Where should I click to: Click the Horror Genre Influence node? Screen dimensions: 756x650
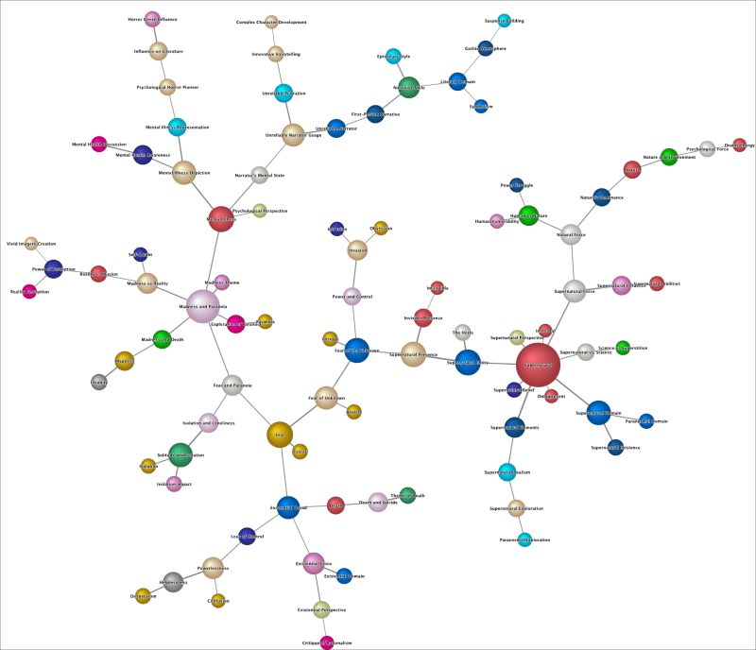(151, 19)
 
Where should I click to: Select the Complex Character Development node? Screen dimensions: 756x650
(273, 22)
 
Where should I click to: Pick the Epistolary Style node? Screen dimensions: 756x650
(393, 57)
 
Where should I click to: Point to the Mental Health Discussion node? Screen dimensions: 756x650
(98, 145)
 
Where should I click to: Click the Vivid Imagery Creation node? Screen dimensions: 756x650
(31, 244)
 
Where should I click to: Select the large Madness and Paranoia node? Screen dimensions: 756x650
(203, 306)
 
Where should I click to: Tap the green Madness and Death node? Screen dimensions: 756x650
(162, 339)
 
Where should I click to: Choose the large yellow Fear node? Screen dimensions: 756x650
(279, 435)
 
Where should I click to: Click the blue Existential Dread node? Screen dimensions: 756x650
(288, 507)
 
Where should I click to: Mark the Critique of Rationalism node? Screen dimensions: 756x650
(327, 643)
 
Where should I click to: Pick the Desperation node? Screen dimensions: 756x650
(143, 596)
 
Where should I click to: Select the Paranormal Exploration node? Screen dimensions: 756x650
(524, 539)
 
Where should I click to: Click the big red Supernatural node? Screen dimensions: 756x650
(544, 364)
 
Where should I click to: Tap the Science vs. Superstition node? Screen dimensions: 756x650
(623, 348)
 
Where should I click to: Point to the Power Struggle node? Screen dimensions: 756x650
(516, 185)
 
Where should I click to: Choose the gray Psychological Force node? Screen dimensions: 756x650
(707, 148)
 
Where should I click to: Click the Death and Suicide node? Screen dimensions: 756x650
(377, 502)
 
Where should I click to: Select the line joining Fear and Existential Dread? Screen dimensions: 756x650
(283, 470)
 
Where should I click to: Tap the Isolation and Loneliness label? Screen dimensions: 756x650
(208, 422)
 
